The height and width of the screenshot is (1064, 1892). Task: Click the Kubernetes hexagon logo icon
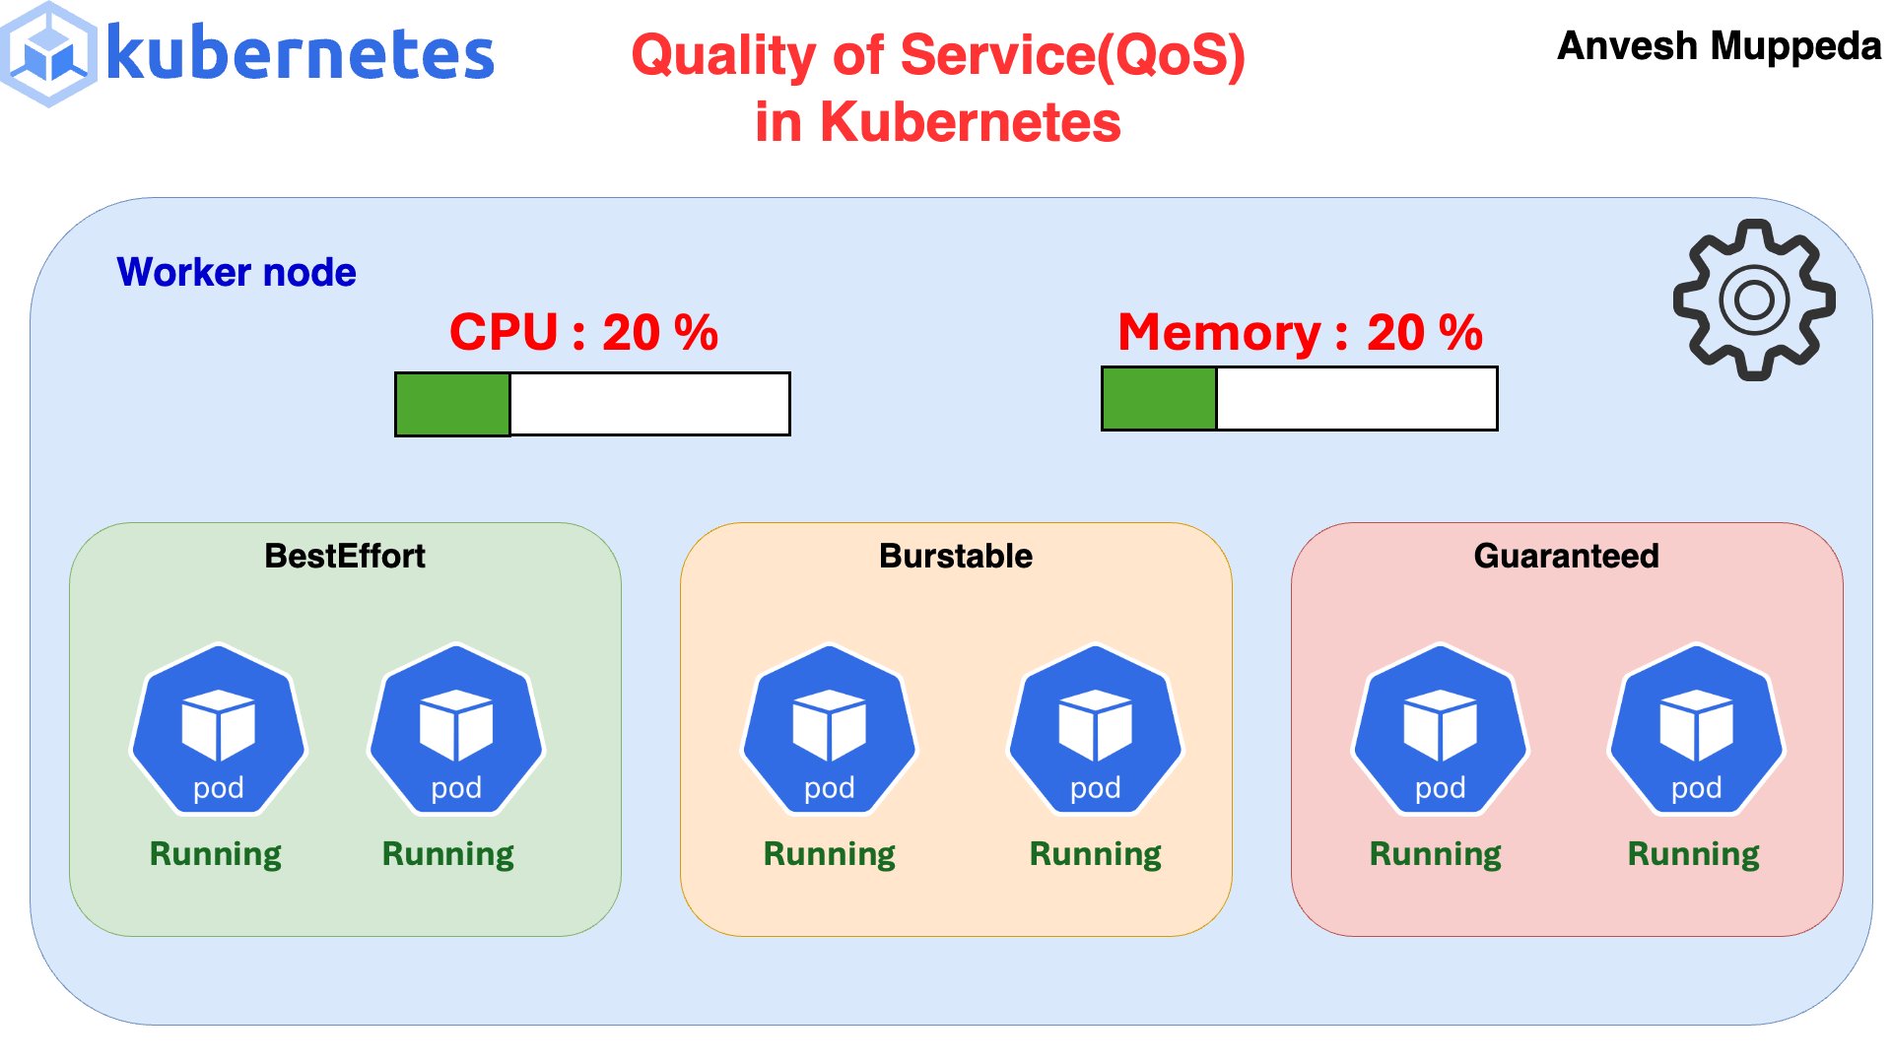[49, 54]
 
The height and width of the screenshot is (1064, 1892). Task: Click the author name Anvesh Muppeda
[1719, 46]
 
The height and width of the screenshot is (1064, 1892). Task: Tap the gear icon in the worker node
[1754, 299]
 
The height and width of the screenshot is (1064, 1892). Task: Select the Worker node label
[236, 272]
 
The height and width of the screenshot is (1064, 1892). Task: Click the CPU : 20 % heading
[583, 332]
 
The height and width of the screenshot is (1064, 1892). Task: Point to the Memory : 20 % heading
[1300, 332]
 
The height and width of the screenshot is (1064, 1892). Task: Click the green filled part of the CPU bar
[452, 404]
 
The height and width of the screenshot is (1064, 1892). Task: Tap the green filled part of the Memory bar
[1159, 398]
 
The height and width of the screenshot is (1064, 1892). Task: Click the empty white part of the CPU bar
[649, 404]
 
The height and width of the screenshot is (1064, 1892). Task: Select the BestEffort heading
[345, 556]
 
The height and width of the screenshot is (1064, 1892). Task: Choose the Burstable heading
[956, 556]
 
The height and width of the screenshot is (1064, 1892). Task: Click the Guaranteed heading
[1566, 556]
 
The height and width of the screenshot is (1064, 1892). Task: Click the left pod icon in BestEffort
[219, 730]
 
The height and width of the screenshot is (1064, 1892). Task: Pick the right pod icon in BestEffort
[456, 730]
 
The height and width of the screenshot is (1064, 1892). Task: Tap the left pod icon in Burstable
[830, 730]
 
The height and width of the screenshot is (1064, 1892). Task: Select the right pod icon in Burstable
[1096, 730]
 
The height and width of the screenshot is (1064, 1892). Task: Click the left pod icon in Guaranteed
[1440, 730]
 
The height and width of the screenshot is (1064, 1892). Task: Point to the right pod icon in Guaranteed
[1696, 730]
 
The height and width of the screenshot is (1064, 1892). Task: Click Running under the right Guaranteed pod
[1693, 853]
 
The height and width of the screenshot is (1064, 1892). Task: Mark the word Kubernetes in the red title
[970, 122]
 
